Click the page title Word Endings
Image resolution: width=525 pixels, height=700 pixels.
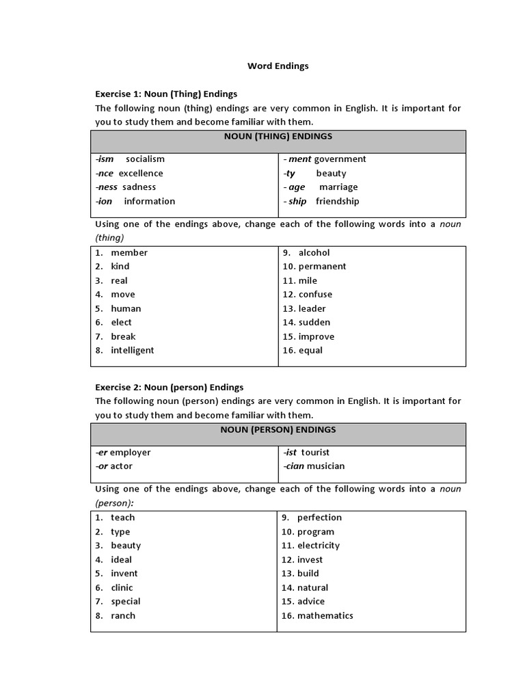point(278,66)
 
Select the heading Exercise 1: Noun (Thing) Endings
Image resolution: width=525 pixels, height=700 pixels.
point(166,94)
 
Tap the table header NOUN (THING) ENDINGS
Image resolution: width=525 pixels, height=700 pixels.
point(278,137)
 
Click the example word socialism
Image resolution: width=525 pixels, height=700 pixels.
point(145,159)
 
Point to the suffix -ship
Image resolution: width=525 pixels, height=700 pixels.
point(296,202)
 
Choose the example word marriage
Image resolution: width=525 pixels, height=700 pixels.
point(338,187)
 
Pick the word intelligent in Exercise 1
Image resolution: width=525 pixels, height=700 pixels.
point(133,351)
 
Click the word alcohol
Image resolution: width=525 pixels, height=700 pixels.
point(314,253)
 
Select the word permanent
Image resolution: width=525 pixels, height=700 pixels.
point(322,267)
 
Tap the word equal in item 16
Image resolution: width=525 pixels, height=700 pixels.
point(310,351)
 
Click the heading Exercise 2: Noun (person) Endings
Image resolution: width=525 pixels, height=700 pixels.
point(169,388)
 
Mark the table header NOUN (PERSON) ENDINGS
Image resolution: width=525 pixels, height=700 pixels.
point(278,430)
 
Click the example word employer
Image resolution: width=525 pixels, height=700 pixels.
point(131,453)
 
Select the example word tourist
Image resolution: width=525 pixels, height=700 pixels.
point(315,453)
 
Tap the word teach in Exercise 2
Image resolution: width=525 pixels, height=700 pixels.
point(123,518)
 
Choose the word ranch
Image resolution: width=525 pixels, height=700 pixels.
point(123,616)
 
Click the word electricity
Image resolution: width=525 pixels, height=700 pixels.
point(319,546)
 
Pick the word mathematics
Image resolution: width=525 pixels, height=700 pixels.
point(325,616)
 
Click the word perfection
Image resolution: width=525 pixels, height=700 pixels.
point(319,518)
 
